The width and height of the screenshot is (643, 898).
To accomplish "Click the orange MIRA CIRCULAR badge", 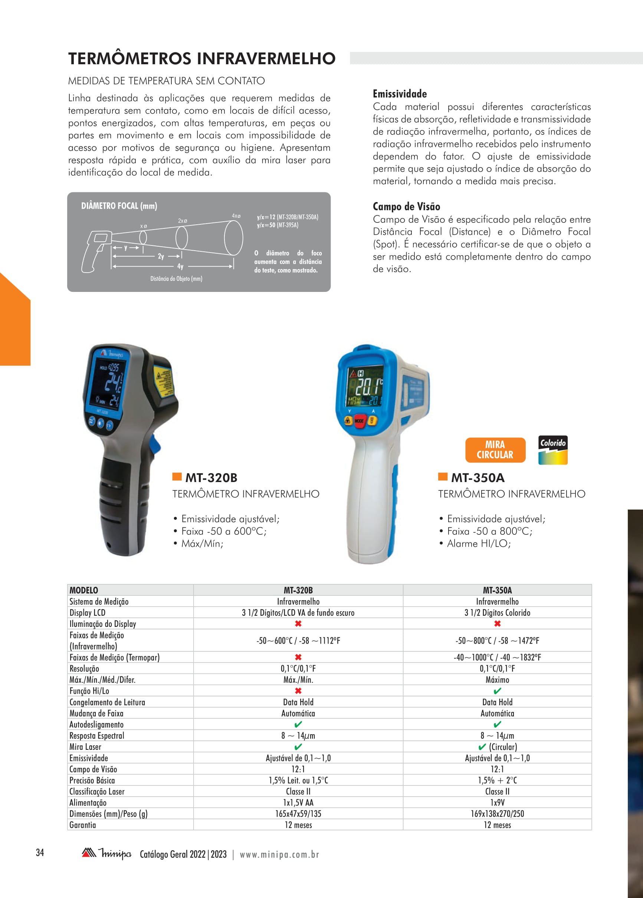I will point(495,450).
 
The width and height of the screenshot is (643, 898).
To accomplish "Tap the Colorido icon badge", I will point(553,450).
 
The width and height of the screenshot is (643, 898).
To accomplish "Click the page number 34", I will point(40,852).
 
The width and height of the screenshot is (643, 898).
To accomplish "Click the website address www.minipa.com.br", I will point(279,855).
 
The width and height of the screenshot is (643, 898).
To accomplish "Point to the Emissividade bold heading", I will point(400,94).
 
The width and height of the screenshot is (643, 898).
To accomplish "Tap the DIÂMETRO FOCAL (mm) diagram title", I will point(119,206).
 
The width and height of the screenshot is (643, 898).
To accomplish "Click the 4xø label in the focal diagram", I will point(236,216).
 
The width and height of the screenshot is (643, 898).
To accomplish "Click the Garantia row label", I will point(83,825).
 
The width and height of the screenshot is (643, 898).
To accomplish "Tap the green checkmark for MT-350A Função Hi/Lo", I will point(498,691).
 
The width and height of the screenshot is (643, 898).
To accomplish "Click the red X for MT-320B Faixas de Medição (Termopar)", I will point(298,657).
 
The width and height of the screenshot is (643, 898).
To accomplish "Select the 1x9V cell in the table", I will point(498,803).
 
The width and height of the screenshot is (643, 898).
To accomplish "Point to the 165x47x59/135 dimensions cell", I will point(298,814).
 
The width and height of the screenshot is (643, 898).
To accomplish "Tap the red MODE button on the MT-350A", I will point(359,420).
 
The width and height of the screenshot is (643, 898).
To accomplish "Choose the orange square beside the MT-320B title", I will point(177,476).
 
